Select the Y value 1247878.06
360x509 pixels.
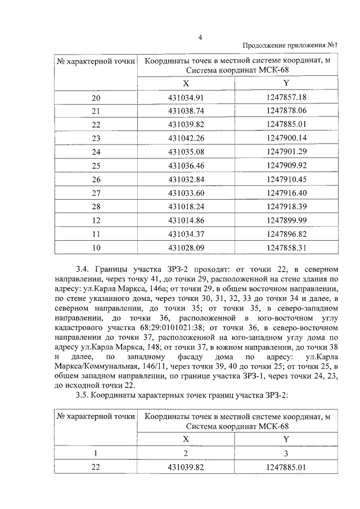tap(286, 111)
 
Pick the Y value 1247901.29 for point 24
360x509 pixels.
tap(286, 151)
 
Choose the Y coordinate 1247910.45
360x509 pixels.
tap(286, 179)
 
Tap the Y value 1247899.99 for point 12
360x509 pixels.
tap(286, 219)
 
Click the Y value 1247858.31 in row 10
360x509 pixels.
tap(286, 246)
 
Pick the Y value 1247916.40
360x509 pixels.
tap(286, 192)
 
